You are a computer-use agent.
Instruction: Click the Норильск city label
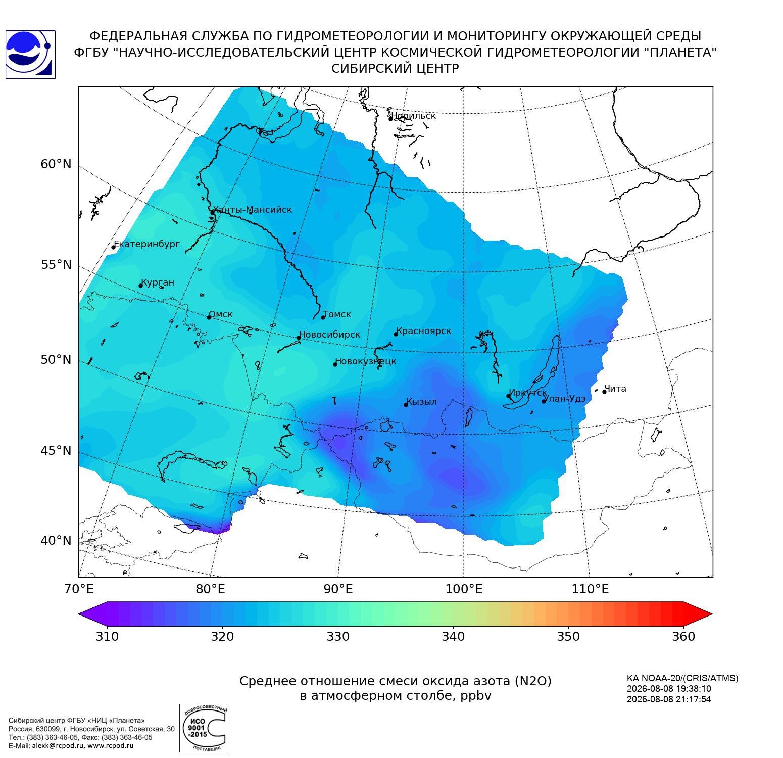pyautogui.click(x=413, y=116)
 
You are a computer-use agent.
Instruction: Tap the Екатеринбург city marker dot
pyautogui.click(x=114, y=247)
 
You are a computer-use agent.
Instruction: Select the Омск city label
pyautogui.click(x=221, y=314)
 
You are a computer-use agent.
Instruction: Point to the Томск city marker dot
pyautogui.click(x=323, y=317)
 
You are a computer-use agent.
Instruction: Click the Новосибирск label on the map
pyautogui.click(x=329, y=335)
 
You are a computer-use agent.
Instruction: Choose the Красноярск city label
pyautogui.click(x=423, y=331)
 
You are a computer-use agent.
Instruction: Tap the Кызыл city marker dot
pyautogui.click(x=406, y=405)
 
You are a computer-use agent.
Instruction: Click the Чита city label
pyautogui.click(x=615, y=389)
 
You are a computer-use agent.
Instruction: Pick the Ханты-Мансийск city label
pyautogui.click(x=252, y=210)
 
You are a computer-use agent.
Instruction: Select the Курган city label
pyautogui.click(x=158, y=282)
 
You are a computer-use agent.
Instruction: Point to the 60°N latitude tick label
pyautogui.click(x=56, y=164)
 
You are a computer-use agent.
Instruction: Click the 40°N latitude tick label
pyautogui.click(x=56, y=541)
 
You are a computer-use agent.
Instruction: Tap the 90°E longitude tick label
pyautogui.click(x=338, y=589)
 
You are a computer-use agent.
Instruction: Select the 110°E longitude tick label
pyautogui.click(x=590, y=589)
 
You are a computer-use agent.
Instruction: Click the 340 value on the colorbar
pyautogui.click(x=453, y=636)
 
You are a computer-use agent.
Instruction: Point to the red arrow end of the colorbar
pyautogui.click(x=699, y=614)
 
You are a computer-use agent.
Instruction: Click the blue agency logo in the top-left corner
pyautogui.click(x=30, y=55)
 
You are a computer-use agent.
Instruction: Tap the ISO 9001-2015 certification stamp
pyautogui.click(x=204, y=728)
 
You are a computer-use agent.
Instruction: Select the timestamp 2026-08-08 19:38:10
pyautogui.click(x=669, y=689)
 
